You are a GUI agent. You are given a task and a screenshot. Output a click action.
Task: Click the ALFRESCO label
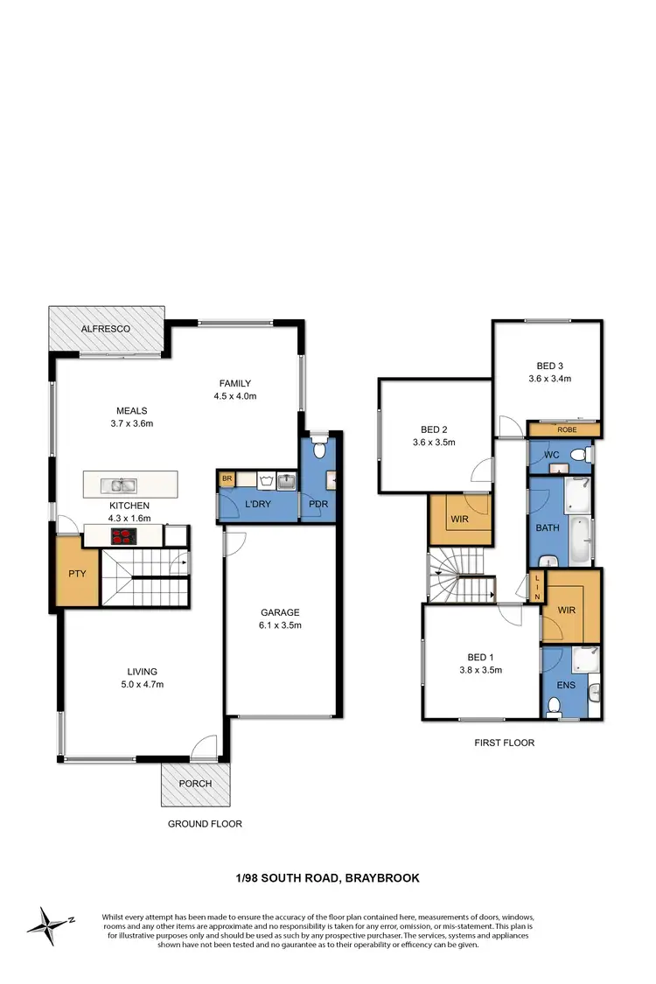[106, 328]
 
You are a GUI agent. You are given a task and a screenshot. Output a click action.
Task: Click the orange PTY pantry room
[75, 574]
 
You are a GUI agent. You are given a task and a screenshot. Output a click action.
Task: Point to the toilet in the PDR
[320, 450]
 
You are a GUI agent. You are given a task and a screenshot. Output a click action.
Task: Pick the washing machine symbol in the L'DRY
[266, 479]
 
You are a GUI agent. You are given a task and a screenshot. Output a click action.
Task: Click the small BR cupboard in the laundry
[226, 479]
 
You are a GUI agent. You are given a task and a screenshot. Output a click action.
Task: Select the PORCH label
[195, 783]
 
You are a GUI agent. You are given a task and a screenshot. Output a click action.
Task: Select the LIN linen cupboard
[535, 585]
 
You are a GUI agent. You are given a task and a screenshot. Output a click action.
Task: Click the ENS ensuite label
[566, 685]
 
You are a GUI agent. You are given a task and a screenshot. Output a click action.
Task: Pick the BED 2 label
[435, 429]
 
